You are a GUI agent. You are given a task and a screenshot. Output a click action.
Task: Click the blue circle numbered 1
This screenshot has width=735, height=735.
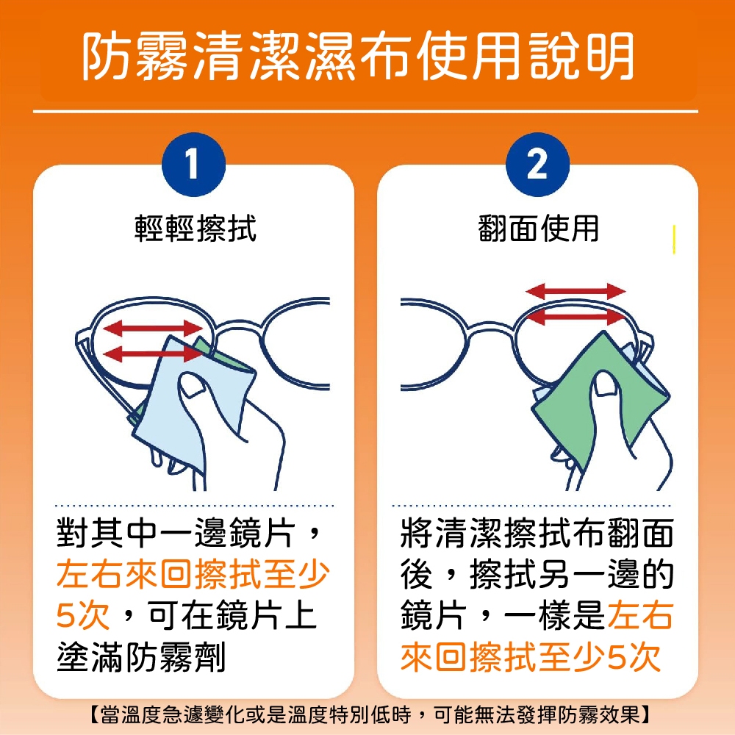193,164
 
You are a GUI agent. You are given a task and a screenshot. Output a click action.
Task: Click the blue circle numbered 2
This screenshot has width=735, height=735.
538,164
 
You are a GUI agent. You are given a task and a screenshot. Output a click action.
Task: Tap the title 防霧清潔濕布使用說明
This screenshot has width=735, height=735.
359,57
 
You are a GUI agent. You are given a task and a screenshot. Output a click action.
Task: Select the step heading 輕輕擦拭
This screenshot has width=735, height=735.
196,229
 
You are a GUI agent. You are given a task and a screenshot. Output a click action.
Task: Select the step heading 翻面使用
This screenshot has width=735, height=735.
539,229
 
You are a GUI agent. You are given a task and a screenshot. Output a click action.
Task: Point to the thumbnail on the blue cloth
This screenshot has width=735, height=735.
191,385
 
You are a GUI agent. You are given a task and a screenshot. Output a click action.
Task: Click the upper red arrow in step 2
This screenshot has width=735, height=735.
576,292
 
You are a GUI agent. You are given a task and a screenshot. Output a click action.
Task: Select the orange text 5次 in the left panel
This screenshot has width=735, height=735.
83,615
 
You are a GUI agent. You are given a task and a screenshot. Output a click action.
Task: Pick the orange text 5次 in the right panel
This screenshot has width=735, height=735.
634,656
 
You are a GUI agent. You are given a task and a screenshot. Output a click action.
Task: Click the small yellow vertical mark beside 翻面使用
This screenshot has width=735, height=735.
674,240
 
